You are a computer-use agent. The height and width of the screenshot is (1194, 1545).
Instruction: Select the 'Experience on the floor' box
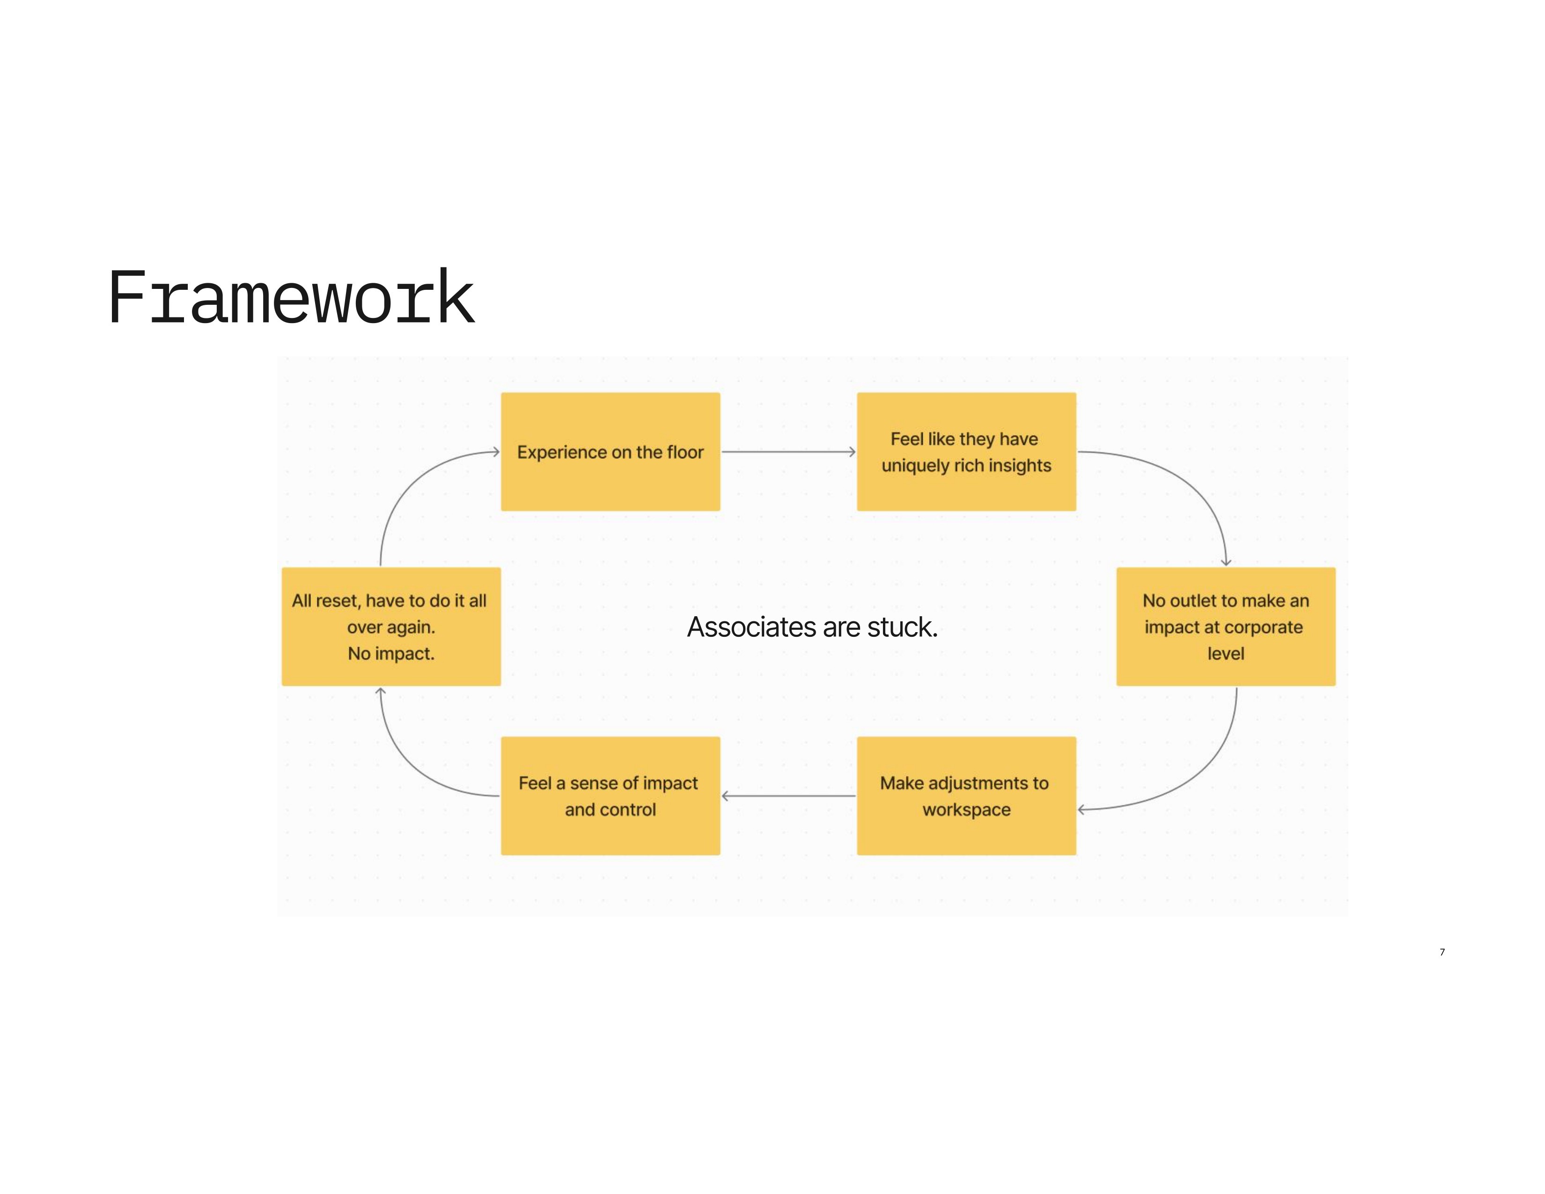(x=610, y=451)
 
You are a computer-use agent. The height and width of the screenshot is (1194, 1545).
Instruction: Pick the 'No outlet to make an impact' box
(x=1225, y=626)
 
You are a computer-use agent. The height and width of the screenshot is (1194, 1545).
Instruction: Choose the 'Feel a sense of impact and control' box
(x=610, y=796)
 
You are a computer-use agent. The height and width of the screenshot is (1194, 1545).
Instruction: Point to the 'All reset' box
(x=390, y=626)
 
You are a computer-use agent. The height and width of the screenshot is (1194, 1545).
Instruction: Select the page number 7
(x=1442, y=952)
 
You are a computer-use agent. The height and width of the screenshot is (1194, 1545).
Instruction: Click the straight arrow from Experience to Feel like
(x=788, y=451)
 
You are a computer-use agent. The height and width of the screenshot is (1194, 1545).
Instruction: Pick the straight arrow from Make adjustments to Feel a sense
(x=788, y=796)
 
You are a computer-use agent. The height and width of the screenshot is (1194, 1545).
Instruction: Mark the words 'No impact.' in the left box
(x=390, y=654)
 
